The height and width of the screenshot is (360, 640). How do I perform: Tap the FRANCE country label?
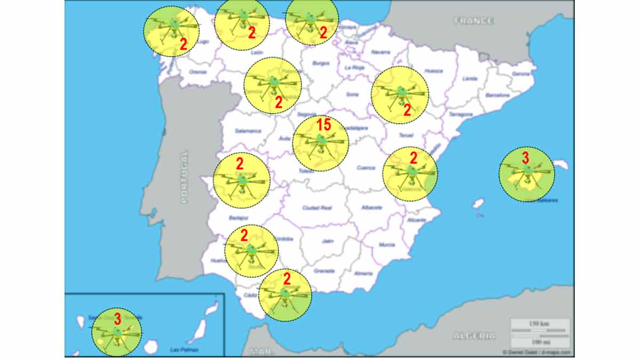point(474,21)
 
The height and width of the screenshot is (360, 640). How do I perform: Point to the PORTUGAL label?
point(184,177)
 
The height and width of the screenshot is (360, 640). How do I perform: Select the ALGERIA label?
point(474,336)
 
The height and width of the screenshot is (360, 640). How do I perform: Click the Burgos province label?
point(321,63)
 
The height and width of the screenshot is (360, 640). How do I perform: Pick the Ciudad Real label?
point(317,207)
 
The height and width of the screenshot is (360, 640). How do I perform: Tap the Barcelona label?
point(498,95)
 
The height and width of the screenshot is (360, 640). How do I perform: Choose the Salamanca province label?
point(248,131)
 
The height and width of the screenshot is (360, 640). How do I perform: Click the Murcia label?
point(387,245)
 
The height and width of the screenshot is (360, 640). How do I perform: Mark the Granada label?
point(324,270)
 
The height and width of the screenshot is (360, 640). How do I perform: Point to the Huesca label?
point(434,71)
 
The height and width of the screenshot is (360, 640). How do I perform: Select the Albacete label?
point(372,207)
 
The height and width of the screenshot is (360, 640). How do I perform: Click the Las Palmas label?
point(184,350)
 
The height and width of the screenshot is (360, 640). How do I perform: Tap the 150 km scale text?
point(540,324)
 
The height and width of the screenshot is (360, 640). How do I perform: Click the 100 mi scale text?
point(540,341)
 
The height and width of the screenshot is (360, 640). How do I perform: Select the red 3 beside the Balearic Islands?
point(525,157)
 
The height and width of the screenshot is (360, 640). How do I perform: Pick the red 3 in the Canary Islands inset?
point(117,319)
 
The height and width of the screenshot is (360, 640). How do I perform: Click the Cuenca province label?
point(366,167)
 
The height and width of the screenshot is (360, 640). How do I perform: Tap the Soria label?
point(352,94)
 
